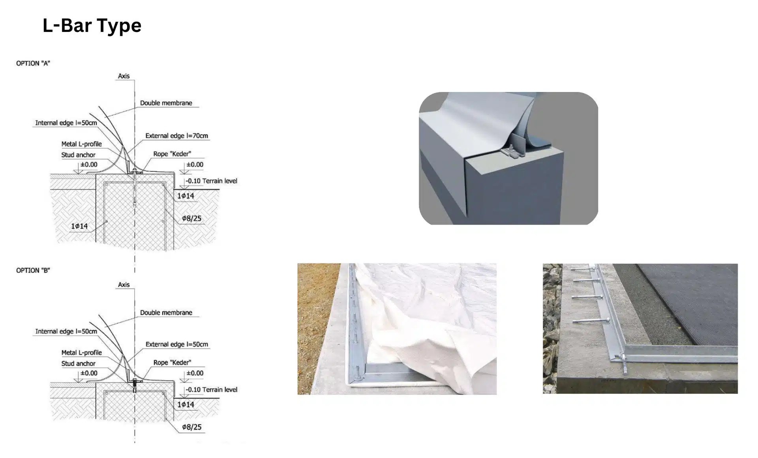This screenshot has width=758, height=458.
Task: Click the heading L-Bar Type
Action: (x=92, y=25)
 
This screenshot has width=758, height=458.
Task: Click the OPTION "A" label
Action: (x=33, y=63)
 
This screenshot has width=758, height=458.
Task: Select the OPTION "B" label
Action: (x=33, y=270)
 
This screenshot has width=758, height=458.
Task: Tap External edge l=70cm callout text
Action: (x=176, y=136)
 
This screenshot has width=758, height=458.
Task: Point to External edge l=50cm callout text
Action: (x=176, y=344)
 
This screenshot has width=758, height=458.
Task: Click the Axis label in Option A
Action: (x=124, y=76)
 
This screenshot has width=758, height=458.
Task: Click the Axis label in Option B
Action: (x=124, y=284)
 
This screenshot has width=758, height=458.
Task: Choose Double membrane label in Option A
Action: (x=166, y=103)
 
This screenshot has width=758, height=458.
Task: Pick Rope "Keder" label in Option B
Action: (x=172, y=363)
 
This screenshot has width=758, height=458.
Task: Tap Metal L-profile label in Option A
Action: (x=81, y=144)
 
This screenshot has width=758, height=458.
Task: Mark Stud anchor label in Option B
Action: (x=78, y=363)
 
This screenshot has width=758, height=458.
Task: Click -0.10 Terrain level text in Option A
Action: (x=212, y=181)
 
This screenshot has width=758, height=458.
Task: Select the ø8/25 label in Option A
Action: (x=191, y=218)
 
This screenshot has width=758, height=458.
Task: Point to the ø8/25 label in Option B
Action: (x=191, y=427)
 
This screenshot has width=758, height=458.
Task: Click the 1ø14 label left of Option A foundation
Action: (x=79, y=226)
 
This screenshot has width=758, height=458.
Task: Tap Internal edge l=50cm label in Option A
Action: (x=66, y=123)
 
